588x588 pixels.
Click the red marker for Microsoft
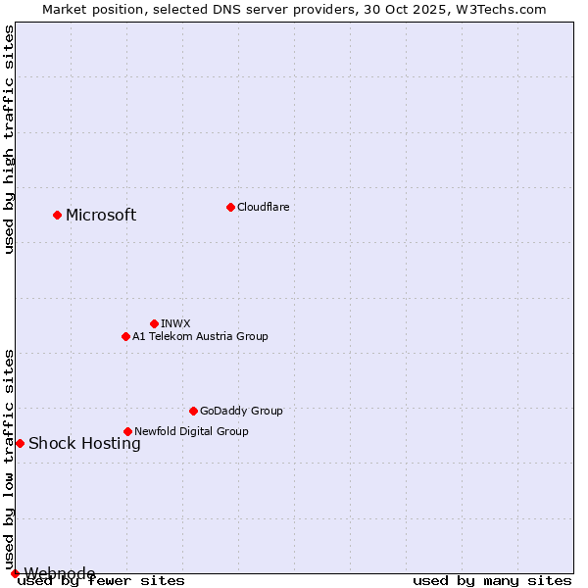pyautogui.click(x=57, y=215)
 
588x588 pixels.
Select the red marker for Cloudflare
pyautogui.click(x=230, y=207)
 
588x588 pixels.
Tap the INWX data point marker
pyautogui.click(x=154, y=323)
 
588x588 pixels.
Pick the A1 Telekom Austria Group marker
pyautogui.click(x=125, y=336)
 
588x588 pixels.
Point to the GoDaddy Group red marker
pyautogui.click(x=193, y=411)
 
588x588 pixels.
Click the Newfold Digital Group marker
pyautogui.click(x=127, y=431)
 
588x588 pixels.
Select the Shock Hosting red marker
pyautogui.click(x=20, y=443)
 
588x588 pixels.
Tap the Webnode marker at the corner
pyautogui.click(x=15, y=573)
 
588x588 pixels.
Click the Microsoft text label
pyautogui.click(x=101, y=216)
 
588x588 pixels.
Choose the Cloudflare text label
pyautogui.click(x=263, y=207)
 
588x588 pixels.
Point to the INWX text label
pyautogui.click(x=175, y=323)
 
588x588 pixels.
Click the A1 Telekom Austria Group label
pyautogui.click(x=200, y=336)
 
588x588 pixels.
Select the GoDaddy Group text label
pyautogui.click(x=241, y=411)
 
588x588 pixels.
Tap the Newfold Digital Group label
pyautogui.click(x=191, y=431)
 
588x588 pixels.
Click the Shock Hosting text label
pyautogui.click(x=84, y=444)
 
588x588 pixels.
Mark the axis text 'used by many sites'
pyautogui.click(x=492, y=581)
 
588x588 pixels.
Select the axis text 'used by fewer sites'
pyautogui.click(x=101, y=581)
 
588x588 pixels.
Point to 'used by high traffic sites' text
pyautogui.click(x=9, y=140)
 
